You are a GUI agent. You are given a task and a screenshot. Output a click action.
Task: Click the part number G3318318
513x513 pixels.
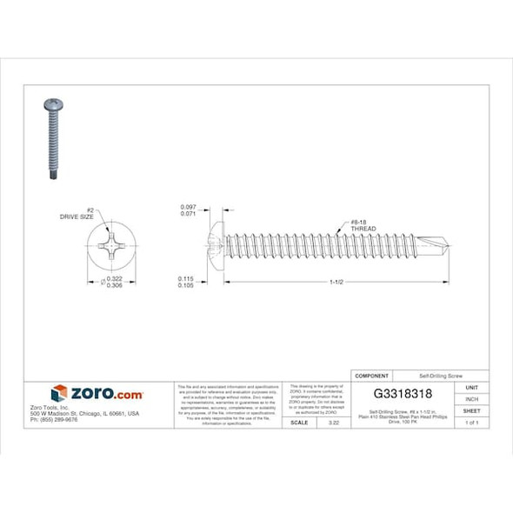pyautogui.click(x=403, y=394)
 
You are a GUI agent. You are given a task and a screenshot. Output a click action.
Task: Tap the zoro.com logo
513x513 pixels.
pyautogui.click(x=97, y=393)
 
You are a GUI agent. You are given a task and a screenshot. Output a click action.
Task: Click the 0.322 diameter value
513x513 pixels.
pyautogui.click(x=114, y=278)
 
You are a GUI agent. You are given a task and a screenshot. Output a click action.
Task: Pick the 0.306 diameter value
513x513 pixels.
pyautogui.click(x=114, y=286)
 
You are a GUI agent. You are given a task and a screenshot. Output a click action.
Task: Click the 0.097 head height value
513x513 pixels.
pyautogui.click(x=187, y=206)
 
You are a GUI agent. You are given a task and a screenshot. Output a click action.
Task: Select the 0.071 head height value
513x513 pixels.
pyautogui.click(x=187, y=213)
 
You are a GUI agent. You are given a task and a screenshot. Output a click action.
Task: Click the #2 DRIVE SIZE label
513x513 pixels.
pyautogui.click(x=77, y=212)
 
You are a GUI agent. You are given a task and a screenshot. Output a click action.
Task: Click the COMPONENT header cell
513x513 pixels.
pyautogui.click(x=372, y=376)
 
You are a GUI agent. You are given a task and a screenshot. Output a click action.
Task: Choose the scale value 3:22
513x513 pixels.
pyautogui.click(x=332, y=422)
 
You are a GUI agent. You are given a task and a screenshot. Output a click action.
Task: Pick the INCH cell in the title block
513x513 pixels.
pyautogui.click(x=472, y=399)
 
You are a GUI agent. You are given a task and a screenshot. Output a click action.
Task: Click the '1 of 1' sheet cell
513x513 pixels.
pyautogui.click(x=472, y=422)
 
